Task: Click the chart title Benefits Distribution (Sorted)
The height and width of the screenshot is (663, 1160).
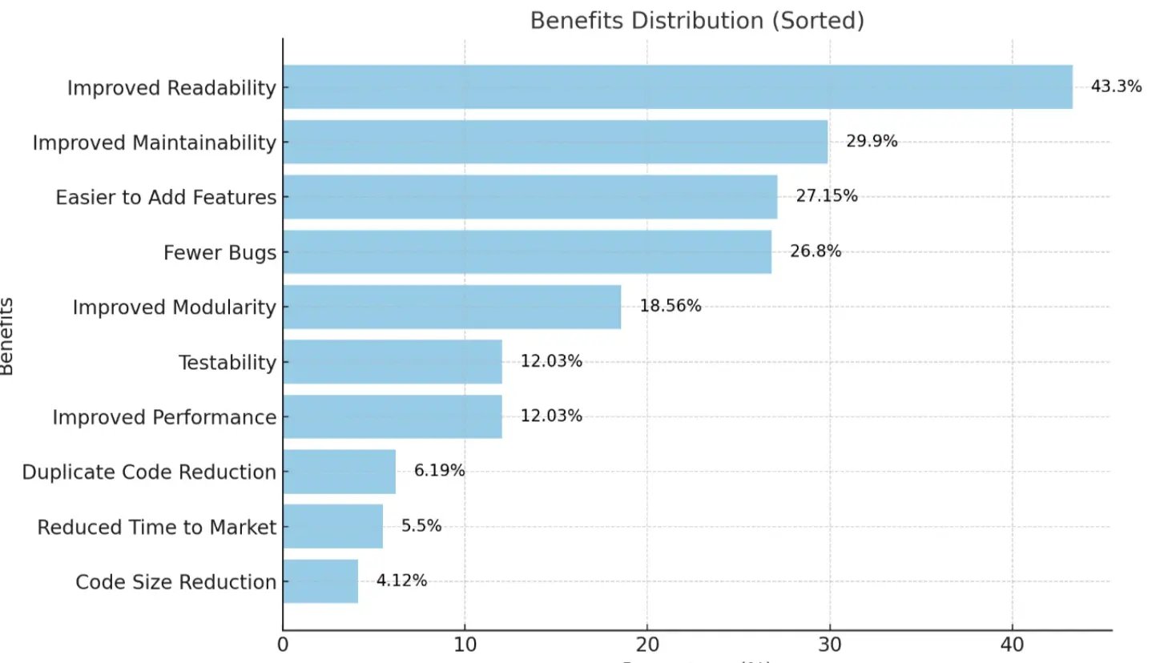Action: (x=697, y=21)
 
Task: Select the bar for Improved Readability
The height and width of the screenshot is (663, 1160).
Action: (x=677, y=86)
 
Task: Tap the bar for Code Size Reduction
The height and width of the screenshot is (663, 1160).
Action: (x=320, y=581)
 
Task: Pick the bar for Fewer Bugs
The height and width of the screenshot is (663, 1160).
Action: (x=527, y=252)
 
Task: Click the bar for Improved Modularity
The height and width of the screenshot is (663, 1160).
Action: (x=452, y=307)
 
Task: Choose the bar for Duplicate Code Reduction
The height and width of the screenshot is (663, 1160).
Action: (x=339, y=472)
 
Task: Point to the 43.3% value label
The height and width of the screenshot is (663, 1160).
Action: (x=1116, y=86)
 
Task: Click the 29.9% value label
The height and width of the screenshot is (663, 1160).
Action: (x=872, y=142)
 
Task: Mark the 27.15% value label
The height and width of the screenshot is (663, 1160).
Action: (x=826, y=196)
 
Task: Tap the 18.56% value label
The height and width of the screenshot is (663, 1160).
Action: (x=670, y=306)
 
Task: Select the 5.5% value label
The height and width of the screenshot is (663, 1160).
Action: (x=421, y=526)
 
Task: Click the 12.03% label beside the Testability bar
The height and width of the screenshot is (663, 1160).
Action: (x=551, y=361)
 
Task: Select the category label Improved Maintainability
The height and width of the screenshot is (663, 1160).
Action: (x=154, y=143)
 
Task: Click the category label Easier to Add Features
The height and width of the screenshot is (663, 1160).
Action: (x=166, y=197)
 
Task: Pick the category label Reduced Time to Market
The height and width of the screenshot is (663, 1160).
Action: (x=156, y=527)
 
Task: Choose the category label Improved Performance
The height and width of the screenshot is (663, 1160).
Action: (x=164, y=417)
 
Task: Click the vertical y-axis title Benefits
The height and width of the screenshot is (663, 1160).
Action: (x=7, y=336)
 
